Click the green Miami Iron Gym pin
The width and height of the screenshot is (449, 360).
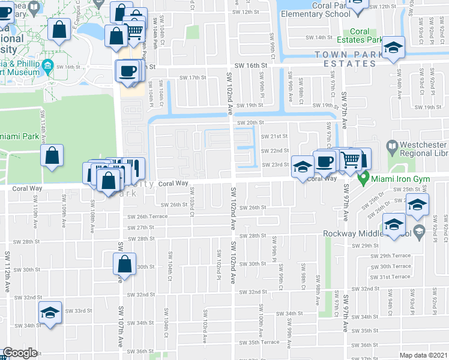(x=363, y=179)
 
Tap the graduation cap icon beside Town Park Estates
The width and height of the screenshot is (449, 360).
(x=394, y=47)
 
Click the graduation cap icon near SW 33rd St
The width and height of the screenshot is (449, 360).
(x=50, y=312)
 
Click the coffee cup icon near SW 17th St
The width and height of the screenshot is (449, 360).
(x=127, y=71)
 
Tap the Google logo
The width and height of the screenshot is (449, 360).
(x=20, y=353)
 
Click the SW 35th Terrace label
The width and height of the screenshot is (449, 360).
(x=259, y=342)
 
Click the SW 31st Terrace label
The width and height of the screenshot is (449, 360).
(x=391, y=277)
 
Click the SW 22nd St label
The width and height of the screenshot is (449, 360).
(x=279, y=151)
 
